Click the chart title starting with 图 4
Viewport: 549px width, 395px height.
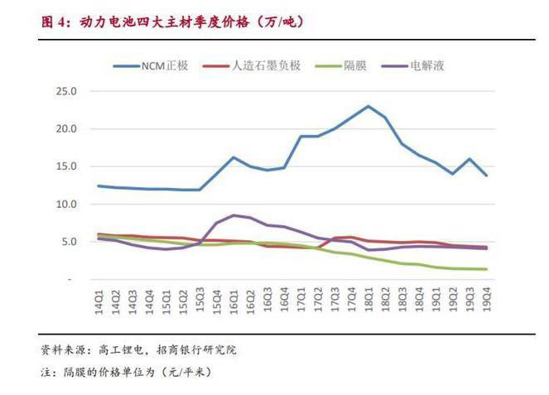pyautogui.click(x=171, y=22)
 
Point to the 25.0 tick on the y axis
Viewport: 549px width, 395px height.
pyautogui.click(x=65, y=91)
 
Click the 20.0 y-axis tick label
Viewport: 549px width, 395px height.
pyautogui.click(x=65, y=129)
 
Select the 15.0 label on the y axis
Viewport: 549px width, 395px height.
pyautogui.click(x=65, y=166)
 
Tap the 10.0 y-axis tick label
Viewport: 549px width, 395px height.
pyautogui.click(x=65, y=204)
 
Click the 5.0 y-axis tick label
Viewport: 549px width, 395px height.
pyautogui.click(x=68, y=242)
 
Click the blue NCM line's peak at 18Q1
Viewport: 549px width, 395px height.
pyautogui.click(x=368, y=106)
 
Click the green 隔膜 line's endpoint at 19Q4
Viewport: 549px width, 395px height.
pyautogui.click(x=485, y=269)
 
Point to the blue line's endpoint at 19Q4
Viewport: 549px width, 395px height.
pyautogui.click(x=485, y=176)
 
